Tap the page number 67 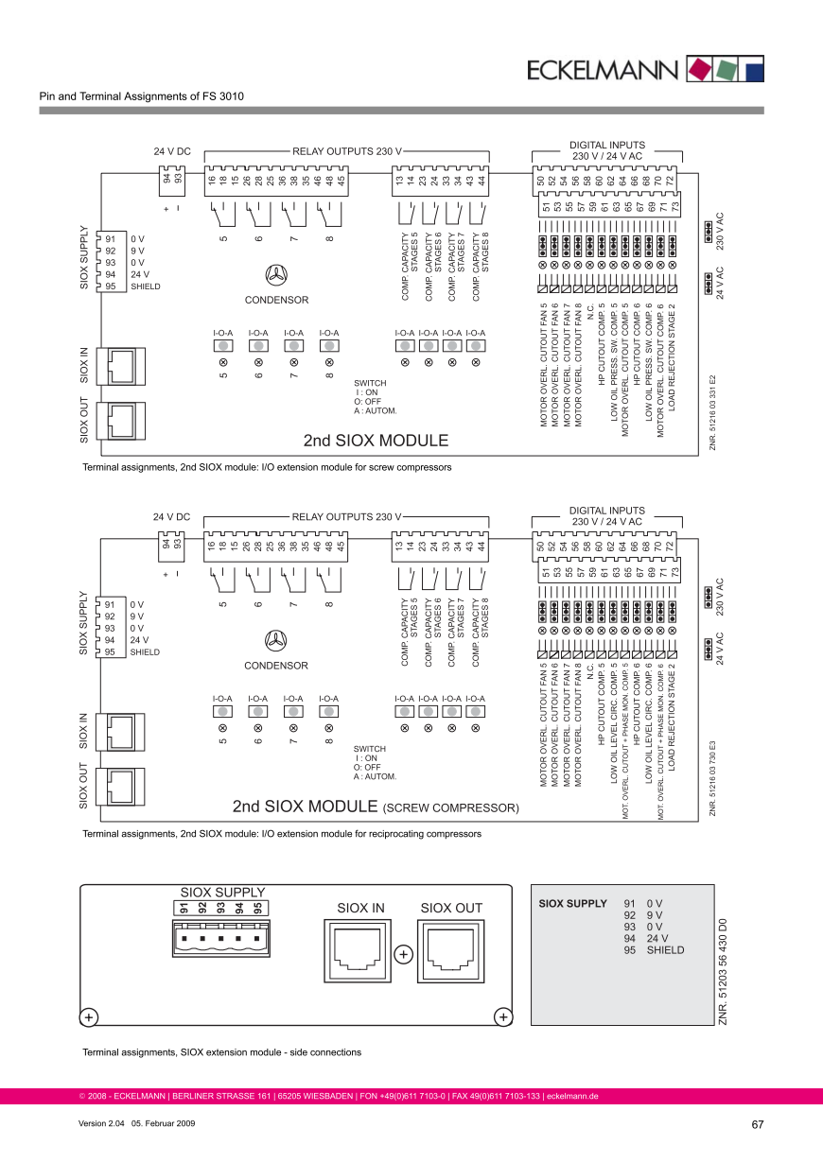[x=757, y=1124]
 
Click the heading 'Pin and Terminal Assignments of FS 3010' [x=141, y=96]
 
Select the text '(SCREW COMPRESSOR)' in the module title [x=450, y=808]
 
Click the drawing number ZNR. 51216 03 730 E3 [x=711, y=767]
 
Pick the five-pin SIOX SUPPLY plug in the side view [x=219, y=939]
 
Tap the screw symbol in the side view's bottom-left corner [x=87, y=1017]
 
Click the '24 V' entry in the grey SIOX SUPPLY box [x=657, y=938]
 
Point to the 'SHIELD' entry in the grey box [x=665, y=950]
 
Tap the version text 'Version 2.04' [x=100, y=1124]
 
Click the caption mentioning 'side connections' [x=221, y=1052]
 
